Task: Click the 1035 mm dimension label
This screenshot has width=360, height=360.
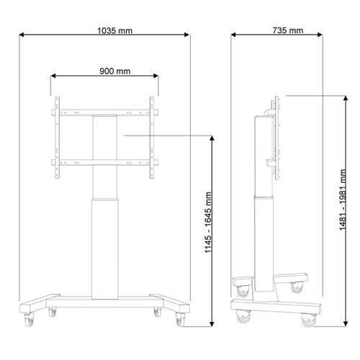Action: [114, 31]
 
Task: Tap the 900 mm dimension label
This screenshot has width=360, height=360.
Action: [115, 71]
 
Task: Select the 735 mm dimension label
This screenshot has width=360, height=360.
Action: [288, 30]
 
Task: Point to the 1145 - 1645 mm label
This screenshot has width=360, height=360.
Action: [208, 222]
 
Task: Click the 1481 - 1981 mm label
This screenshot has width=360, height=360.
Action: [343, 199]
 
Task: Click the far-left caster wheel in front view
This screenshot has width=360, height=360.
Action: [30, 320]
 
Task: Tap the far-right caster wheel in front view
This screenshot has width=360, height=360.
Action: [180, 320]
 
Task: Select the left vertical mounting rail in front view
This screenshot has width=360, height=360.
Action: [57, 138]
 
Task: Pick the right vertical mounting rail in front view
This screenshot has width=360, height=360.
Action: [152, 138]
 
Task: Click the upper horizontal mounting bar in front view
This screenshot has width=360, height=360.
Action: [105, 112]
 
